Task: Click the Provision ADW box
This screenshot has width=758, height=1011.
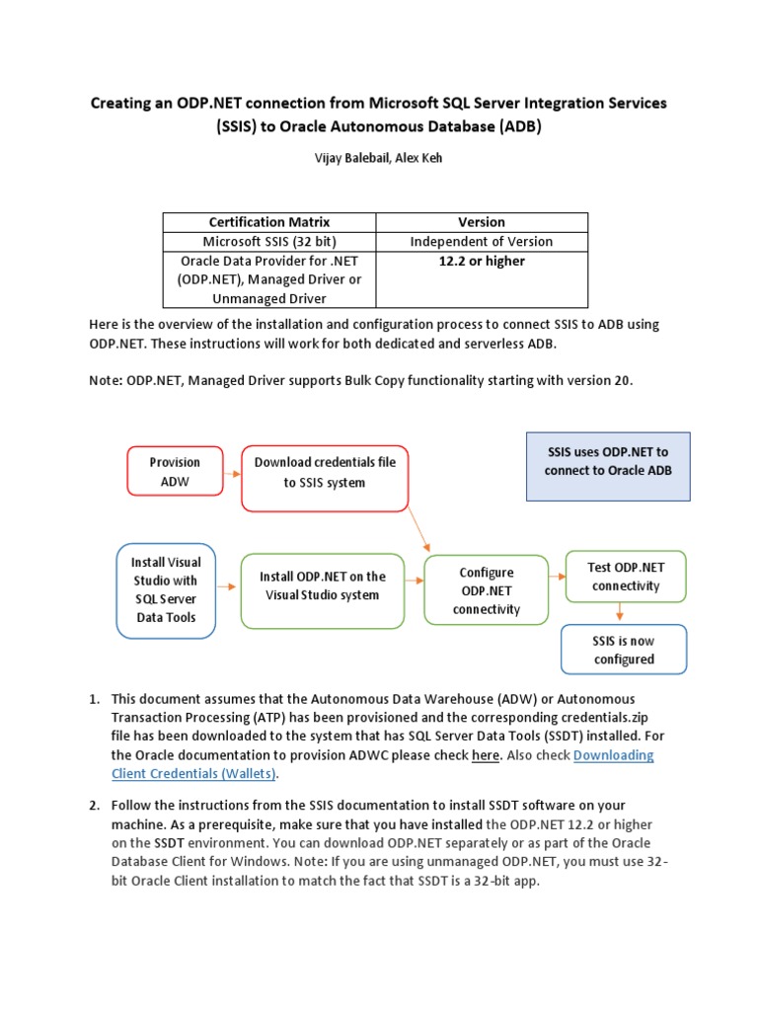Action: pos(175,472)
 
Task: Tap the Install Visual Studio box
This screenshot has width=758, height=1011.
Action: pos(166,589)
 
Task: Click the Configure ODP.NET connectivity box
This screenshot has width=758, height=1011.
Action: pos(487,590)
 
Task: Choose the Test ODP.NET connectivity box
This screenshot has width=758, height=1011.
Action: pos(625,577)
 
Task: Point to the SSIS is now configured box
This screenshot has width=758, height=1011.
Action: pos(623,650)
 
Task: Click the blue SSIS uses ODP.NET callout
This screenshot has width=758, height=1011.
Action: pos(607,461)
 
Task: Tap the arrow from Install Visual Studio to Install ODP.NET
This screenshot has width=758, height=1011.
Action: pos(228,586)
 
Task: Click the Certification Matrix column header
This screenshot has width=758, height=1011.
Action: pos(269,222)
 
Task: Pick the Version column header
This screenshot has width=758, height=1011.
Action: pos(482,222)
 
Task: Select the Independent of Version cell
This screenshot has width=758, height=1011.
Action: pos(482,241)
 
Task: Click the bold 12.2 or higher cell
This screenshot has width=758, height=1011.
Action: pos(482,262)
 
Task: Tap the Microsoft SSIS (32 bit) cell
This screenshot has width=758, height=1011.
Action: pos(269,241)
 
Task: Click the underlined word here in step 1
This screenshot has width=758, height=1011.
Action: pos(485,756)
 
